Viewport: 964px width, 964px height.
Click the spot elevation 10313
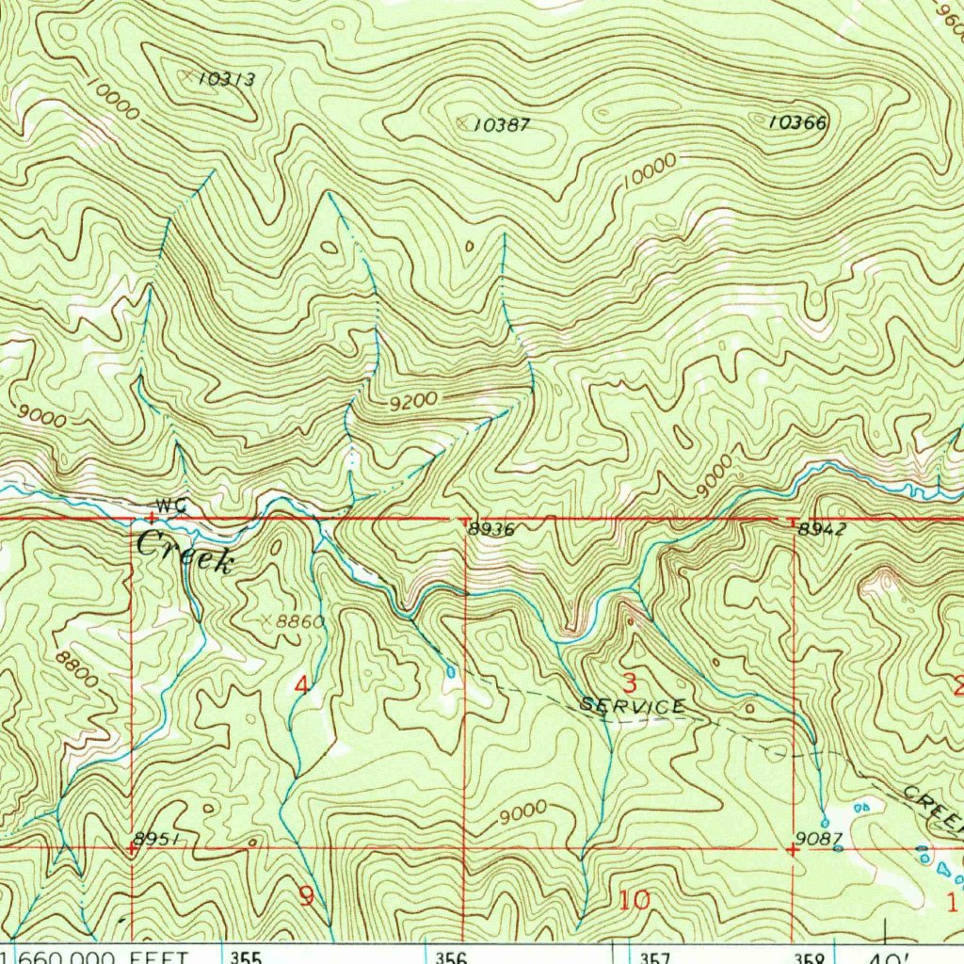pyautogui.click(x=226, y=79)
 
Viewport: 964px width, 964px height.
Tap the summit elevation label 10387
pyautogui.click(x=501, y=124)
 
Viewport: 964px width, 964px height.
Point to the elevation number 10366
pyautogui.click(x=797, y=122)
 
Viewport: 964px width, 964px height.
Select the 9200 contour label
pyautogui.click(x=414, y=401)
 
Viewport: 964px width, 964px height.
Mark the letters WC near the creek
pyautogui.click(x=171, y=506)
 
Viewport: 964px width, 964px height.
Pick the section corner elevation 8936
pyautogui.click(x=491, y=530)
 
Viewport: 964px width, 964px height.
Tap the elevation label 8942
pyautogui.click(x=822, y=530)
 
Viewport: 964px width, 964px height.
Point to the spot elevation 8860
pyautogui.click(x=299, y=621)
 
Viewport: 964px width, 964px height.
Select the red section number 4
pyautogui.click(x=301, y=685)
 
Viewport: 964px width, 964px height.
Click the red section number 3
pyautogui.click(x=629, y=683)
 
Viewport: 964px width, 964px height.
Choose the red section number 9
pyautogui.click(x=306, y=896)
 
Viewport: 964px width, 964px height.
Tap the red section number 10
pyautogui.click(x=635, y=900)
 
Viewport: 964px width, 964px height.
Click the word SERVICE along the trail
pyautogui.click(x=633, y=706)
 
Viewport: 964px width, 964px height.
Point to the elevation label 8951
pyautogui.click(x=155, y=838)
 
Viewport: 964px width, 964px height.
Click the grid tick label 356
pyautogui.click(x=451, y=957)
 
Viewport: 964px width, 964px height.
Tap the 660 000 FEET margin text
pyautogui.click(x=104, y=957)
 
